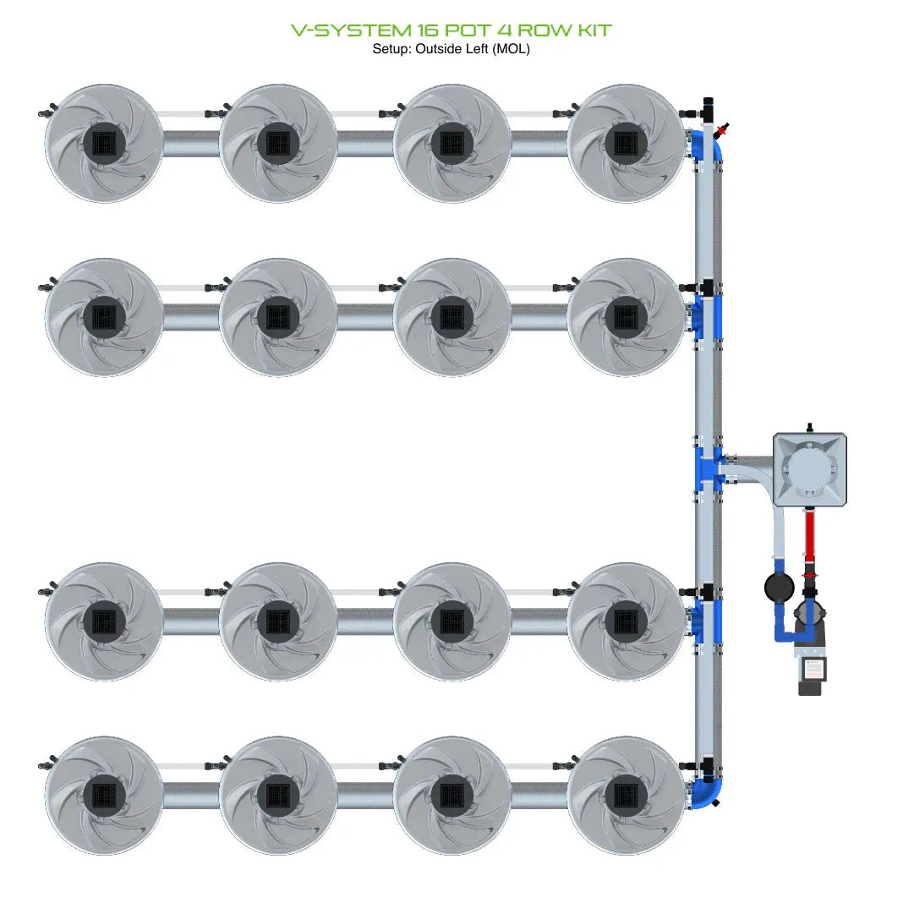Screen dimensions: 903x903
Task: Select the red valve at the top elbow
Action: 721,131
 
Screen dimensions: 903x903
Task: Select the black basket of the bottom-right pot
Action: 626,795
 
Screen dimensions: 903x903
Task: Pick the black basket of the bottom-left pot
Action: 104,795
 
